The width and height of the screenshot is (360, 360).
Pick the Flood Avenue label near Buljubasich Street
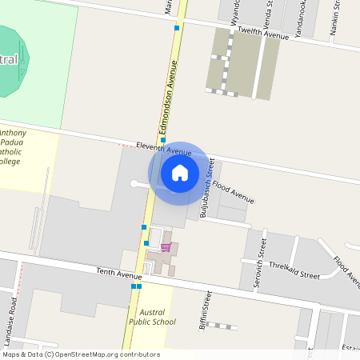point(233,193)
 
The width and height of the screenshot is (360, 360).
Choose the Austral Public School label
point(152,317)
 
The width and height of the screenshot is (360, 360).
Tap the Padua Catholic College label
point(13,147)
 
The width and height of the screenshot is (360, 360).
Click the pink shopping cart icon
point(166,247)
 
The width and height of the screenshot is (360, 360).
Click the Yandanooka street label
point(303,18)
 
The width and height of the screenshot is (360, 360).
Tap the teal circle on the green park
point(10,61)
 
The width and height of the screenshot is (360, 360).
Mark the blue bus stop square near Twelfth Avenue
point(177,27)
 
